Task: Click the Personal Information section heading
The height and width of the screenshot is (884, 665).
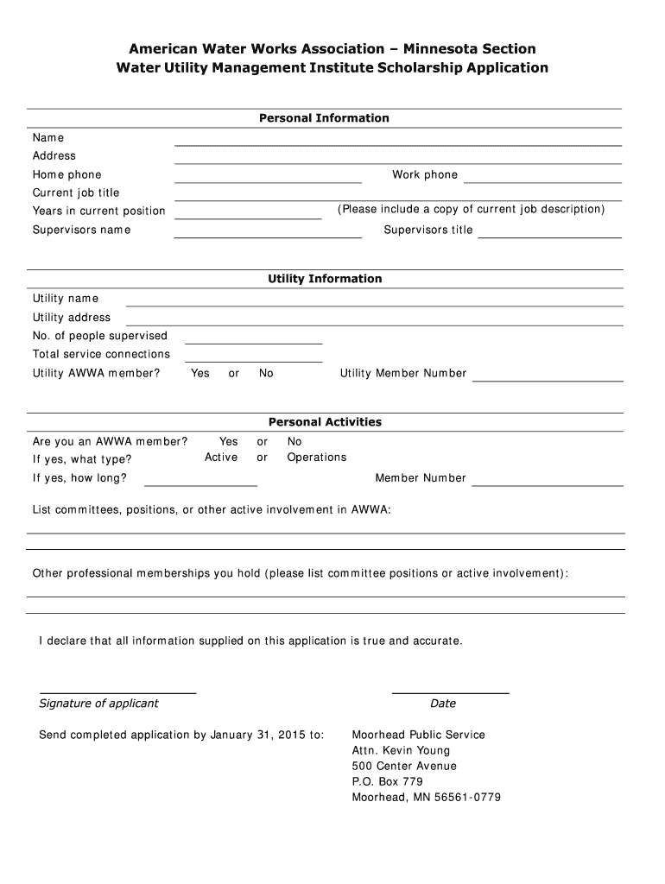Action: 324,118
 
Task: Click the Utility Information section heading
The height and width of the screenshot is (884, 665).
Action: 325,279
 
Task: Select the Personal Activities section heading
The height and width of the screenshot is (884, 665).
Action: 325,422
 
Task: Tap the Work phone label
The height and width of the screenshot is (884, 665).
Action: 425,174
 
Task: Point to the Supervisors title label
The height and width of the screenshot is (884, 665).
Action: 428,230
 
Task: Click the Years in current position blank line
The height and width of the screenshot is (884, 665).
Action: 247,217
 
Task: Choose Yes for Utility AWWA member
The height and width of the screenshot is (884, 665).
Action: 200,373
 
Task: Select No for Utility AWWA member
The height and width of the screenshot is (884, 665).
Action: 266,373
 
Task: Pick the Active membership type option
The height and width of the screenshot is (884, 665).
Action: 221,458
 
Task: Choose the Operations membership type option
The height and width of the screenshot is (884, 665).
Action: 317,458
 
